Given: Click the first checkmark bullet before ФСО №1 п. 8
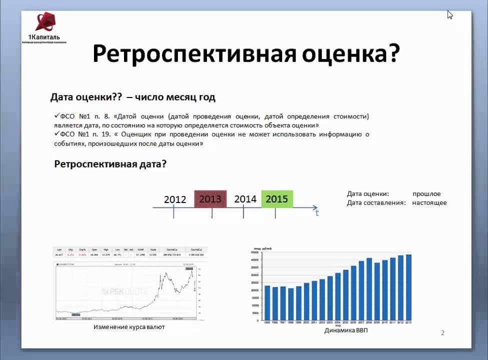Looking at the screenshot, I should coord(56,116).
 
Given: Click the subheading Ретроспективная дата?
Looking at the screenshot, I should coord(110,164).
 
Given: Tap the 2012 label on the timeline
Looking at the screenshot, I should coord(175,199).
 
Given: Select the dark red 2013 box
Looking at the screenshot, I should coord(210,199).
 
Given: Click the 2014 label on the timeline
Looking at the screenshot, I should coord(245,199).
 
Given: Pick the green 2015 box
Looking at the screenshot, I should coord(277,199).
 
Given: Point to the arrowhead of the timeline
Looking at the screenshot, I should coord(314,207).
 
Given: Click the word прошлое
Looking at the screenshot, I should coord(426,194).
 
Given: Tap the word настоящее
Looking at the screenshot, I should coord(429,203).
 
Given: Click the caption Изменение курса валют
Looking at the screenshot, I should coord(129,327).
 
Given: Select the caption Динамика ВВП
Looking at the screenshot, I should coord(345,330).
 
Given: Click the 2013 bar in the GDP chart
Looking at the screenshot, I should coord(408,287).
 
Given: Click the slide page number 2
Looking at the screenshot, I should coord(442,333).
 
